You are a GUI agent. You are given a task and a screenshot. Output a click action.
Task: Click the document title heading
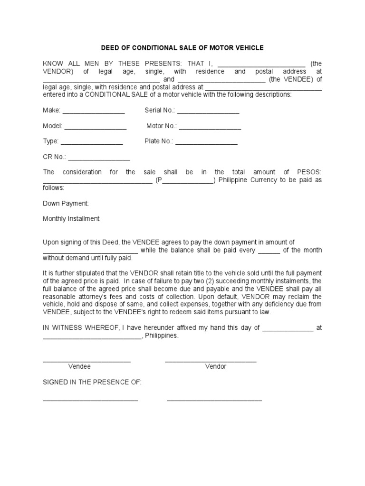coord(182,48)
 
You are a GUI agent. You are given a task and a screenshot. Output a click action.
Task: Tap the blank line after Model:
coord(95,128)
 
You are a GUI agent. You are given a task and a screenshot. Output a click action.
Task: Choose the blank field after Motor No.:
coord(210,128)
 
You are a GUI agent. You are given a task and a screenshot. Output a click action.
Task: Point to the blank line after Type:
coord(92,143)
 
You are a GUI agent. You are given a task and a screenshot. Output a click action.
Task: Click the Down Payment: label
coord(66,203)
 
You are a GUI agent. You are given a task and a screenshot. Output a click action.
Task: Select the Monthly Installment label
coord(71,218)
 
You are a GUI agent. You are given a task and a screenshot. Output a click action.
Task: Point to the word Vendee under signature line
coord(79,366)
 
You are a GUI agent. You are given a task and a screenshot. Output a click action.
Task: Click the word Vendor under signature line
coord(216,366)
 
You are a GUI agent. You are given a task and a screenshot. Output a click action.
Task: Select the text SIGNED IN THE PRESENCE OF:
coord(92,382)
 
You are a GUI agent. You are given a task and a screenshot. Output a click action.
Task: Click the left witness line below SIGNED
coord(90,401)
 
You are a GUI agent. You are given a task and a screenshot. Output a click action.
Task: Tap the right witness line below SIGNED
coord(214,401)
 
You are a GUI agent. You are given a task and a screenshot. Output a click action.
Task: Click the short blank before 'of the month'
coord(269,252)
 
